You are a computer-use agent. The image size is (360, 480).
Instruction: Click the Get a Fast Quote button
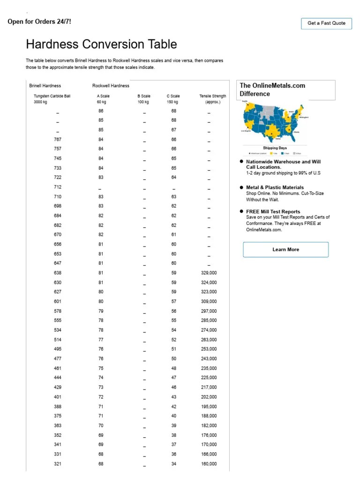[326, 23]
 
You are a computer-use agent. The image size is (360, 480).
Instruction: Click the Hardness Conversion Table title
[101, 45]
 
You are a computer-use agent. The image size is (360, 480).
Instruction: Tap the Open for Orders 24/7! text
[39, 22]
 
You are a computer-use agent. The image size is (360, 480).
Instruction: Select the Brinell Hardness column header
[45, 86]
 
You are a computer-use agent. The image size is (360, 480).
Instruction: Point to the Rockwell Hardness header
[111, 86]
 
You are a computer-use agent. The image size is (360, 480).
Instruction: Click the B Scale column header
[144, 96]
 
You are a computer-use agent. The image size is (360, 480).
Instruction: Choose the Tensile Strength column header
[212, 96]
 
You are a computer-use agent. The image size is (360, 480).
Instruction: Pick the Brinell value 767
[58, 139]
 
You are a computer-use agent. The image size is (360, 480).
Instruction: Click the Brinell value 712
[58, 187]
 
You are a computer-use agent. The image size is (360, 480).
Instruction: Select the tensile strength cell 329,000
[209, 273]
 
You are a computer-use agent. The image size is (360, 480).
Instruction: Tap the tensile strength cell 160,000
[209, 464]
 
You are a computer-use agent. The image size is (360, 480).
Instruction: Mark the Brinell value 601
[58, 301]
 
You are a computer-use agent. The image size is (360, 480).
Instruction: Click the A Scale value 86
[101, 111]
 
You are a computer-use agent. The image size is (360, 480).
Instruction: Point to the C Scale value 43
[173, 397]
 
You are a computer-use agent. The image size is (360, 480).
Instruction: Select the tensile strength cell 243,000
[209, 359]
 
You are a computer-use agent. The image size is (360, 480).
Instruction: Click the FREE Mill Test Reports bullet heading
[273, 211]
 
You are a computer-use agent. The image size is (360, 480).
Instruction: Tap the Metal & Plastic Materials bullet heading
[275, 187]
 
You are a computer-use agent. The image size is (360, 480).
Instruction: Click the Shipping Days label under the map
[274, 148]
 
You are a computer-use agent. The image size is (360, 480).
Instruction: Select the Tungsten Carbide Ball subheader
[52, 96]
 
